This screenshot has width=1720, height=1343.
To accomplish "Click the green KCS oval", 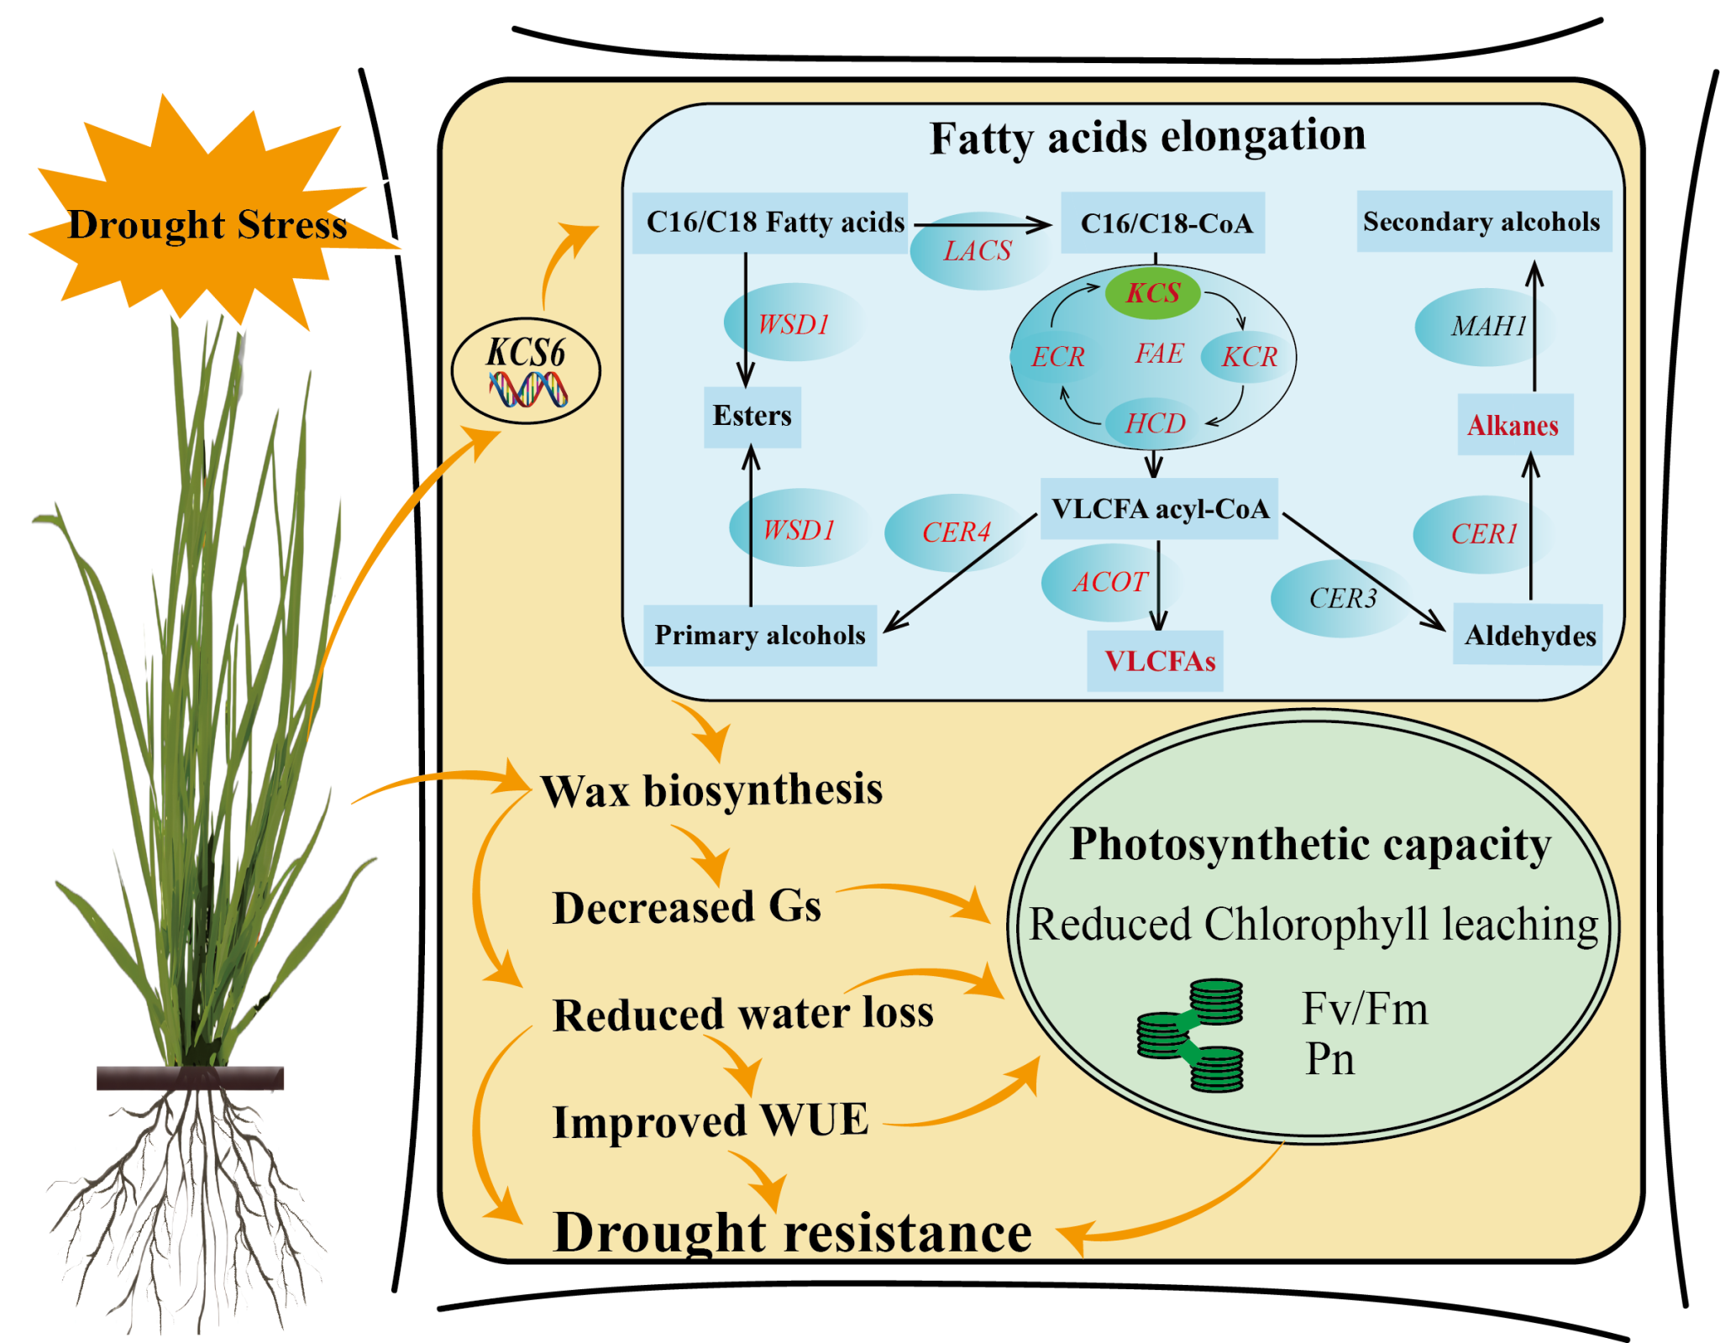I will coord(1152,293).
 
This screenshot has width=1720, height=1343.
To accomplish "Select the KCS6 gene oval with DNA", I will coord(527,370).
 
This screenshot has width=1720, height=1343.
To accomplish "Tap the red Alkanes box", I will coord(1513,425).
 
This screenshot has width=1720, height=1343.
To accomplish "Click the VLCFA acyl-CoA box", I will coord(1159,509).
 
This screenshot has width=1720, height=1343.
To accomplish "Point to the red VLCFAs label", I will coord(1159,661).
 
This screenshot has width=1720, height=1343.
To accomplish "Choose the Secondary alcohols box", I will coord(1482,222).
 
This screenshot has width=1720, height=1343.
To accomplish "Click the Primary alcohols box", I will coord(760,635).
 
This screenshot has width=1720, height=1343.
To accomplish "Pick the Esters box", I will coord(752,416).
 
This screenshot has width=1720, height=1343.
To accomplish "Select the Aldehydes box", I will coord(1529,635).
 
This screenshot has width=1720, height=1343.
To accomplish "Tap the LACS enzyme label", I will coord(978,251).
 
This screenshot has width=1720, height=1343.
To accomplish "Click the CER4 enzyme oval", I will coord(956,532).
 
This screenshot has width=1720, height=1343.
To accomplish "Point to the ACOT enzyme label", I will coord(1110,582).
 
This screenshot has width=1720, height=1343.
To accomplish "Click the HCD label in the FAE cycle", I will coord(1156,423).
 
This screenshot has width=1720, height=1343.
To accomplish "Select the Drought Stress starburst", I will coord(207,223).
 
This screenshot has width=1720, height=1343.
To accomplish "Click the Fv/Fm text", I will coord(1365,1008).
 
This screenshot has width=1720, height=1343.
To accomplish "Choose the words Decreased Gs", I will coord(686,908).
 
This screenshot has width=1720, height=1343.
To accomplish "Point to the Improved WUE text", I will coord(711,1121).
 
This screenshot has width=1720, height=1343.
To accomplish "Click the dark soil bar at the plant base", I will coord(190,1078).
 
